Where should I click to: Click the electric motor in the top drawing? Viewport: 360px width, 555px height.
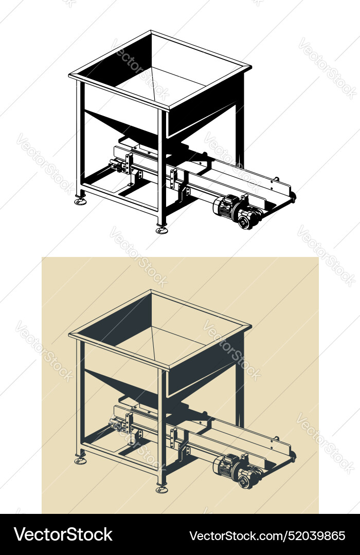pyautogui.click(x=226, y=206)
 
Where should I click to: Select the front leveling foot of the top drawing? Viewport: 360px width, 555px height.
pyautogui.click(x=162, y=230)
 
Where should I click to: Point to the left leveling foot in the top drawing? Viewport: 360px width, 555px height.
pyautogui.click(x=81, y=201)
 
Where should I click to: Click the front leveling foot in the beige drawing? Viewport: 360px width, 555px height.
pyautogui.click(x=162, y=489)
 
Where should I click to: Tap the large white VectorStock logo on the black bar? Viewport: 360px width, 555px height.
pyautogui.click(x=63, y=534)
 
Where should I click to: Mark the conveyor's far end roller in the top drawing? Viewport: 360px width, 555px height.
pyautogui.click(x=293, y=196)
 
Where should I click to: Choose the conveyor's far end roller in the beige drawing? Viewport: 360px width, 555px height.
pyautogui.click(x=293, y=454)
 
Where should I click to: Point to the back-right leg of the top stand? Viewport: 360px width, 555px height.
pyautogui.click(x=240, y=134)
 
